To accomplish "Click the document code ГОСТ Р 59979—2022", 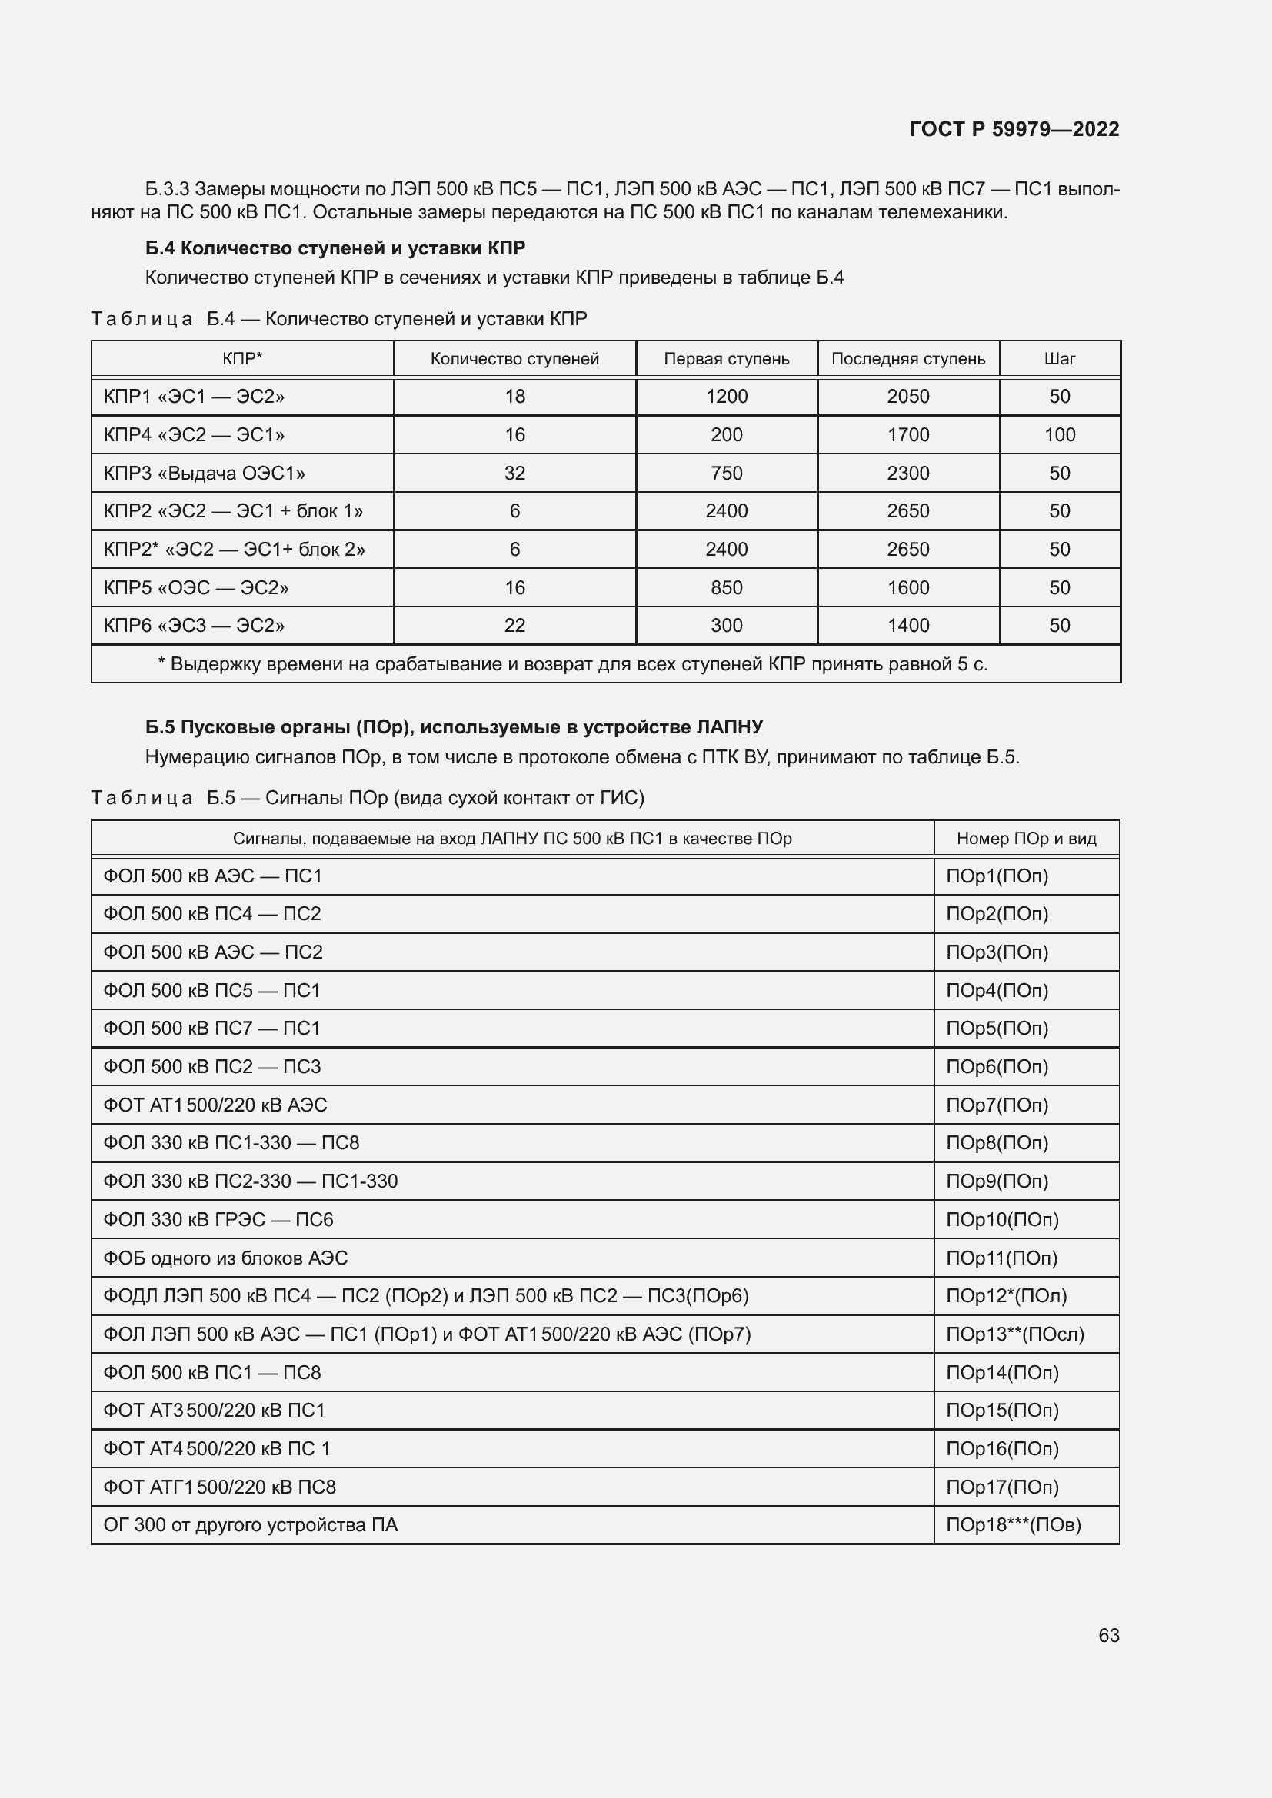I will pos(1014,129).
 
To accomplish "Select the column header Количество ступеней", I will pos(514,359).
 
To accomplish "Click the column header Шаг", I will pos(1059,359).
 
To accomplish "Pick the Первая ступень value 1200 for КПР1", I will pos(726,396).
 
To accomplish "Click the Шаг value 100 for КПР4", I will pos(1059,434).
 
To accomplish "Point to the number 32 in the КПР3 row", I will pos(514,473).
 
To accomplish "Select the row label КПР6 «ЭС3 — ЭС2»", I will pos(194,625).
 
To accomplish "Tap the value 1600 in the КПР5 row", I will pos(907,587).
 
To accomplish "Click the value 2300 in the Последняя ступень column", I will pos(907,473).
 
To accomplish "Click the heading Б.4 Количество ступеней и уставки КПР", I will pos(335,248).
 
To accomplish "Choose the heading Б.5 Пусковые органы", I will pos(455,726).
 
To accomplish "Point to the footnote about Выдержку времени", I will pos(571,664).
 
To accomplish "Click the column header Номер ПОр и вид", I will pos(1026,838).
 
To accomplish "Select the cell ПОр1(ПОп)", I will pos(996,876).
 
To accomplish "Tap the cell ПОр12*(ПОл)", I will pos(1006,1296).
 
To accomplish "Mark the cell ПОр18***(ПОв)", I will pos(1013,1524).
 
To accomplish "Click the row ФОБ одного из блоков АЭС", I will pos(225,1258).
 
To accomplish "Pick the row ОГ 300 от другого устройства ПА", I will pos(251,1524).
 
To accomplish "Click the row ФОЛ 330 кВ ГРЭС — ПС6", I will pos(218,1219).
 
